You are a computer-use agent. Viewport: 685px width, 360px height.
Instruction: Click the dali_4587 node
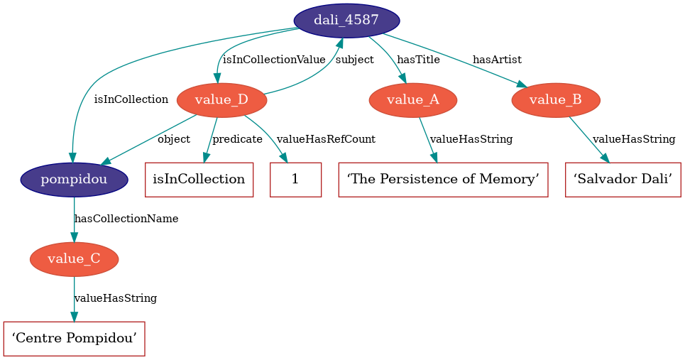(x=346, y=20)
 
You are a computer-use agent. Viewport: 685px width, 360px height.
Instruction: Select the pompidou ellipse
(x=74, y=179)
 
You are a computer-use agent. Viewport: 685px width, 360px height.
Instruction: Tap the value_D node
(x=221, y=100)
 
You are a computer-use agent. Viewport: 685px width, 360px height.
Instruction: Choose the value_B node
(x=556, y=100)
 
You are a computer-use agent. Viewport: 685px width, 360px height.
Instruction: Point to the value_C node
(x=74, y=259)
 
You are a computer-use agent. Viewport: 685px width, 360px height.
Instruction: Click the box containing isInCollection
(x=199, y=180)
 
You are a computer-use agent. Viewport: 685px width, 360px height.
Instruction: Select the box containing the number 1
(x=295, y=180)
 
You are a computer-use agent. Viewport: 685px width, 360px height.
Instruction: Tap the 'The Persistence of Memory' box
(x=444, y=180)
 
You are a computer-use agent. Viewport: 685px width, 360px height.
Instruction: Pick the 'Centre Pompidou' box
(x=75, y=339)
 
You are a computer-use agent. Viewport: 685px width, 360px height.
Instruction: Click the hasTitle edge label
(x=418, y=60)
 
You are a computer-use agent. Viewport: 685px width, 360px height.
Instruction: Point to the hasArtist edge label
(x=497, y=60)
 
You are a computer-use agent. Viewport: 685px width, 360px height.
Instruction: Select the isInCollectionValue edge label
(x=274, y=60)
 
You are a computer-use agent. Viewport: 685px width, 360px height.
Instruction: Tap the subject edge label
(x=354, y=60)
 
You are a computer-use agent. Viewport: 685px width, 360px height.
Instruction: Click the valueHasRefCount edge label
(x=326, y=139)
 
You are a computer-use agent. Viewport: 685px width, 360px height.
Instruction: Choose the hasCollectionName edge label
(x=126, y=219)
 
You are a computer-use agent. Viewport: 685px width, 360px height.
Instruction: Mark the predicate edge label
(x=237, y=139)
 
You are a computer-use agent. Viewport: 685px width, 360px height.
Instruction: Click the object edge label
(x=173, y=139)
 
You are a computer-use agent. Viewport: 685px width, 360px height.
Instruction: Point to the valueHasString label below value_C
(x=115, y=298)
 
